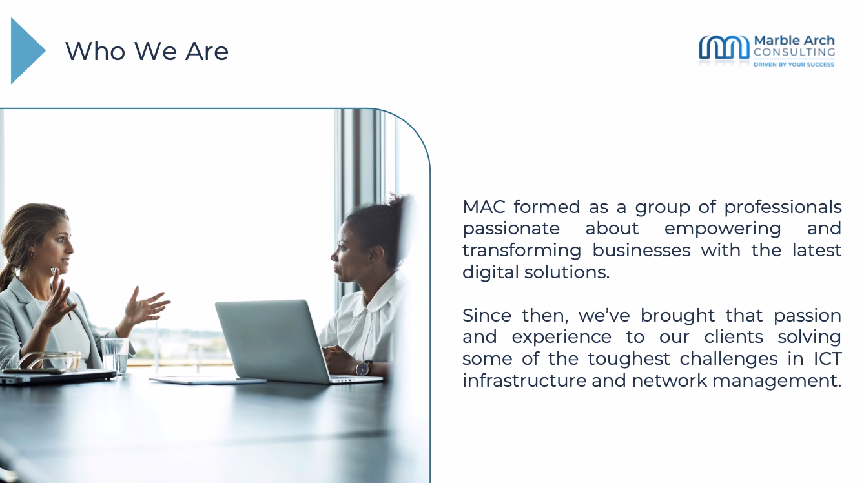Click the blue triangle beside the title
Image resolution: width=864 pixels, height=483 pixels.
tap(25, 50)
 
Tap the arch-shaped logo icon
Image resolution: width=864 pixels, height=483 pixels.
tap(724, 48)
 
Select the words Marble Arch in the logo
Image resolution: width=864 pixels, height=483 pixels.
tap(794, 41)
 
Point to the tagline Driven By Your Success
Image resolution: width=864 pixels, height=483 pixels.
tap(794, 65)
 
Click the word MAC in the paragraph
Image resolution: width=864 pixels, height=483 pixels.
tap(484, 207)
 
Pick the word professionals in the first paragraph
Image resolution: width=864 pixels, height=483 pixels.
tap(783, 207)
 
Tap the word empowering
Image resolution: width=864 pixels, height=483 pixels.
tap(723, 229)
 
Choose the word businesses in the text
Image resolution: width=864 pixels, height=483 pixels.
tap(641, 250)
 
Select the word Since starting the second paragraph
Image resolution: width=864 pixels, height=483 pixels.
tap(487, 316)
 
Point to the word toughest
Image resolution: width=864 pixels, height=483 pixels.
tap(629, 359)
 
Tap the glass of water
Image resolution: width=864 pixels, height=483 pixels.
tap(114, 356)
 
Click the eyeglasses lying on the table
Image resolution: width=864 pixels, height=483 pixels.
tap(51, 361)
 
